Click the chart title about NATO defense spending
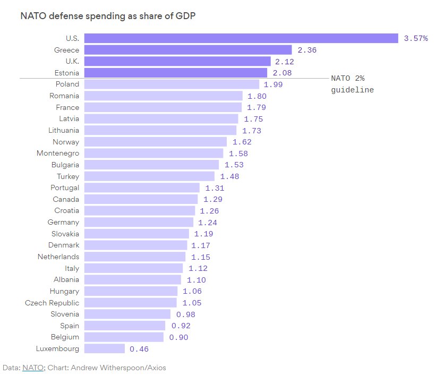[x=108, y=16]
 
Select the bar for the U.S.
[x=241, y=38]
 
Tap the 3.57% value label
[x=416, y=38]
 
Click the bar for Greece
[x=188, y=50]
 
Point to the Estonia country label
[x=67, y=73]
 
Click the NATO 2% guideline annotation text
[x=352, y=84]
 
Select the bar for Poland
[x=172, y=84]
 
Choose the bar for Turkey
[x=149, y=176]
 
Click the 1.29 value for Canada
[x=212, y=199]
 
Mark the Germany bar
[x=139, y=222]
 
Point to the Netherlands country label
[x=58, y=257]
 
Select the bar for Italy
[x=133, y=268]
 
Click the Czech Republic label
[x=52, y=303]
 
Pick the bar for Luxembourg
[x=105, y=348]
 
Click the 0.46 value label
[x=139, y=349]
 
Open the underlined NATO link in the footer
[x=33, y=367]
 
